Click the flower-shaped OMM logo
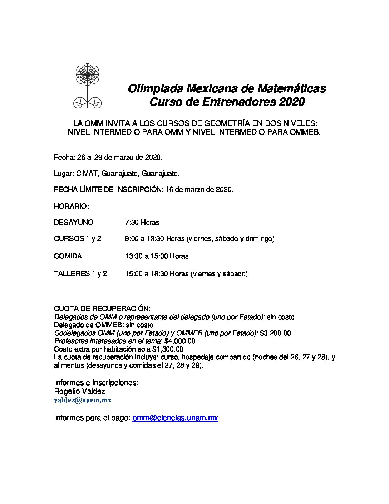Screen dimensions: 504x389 (87, 86)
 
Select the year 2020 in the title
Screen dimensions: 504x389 (291, 102)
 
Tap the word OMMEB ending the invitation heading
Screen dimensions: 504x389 (307, 132)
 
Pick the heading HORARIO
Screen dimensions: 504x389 (71, 206)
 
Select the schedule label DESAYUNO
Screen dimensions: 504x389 (73, 222)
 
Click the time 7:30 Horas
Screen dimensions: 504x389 (142, 222)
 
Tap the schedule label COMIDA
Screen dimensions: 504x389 (68, 256)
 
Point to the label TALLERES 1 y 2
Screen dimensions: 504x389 (80, 273)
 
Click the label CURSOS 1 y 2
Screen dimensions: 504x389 (77, 238)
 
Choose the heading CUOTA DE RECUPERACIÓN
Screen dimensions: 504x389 (102, 309)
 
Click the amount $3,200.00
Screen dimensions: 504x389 (275, 333)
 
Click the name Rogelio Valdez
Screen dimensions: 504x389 (79, 391)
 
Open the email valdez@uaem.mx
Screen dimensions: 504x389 (83, 400)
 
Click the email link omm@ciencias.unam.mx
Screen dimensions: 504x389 (175, 418)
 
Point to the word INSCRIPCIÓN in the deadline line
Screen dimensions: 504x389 (139, 190)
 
